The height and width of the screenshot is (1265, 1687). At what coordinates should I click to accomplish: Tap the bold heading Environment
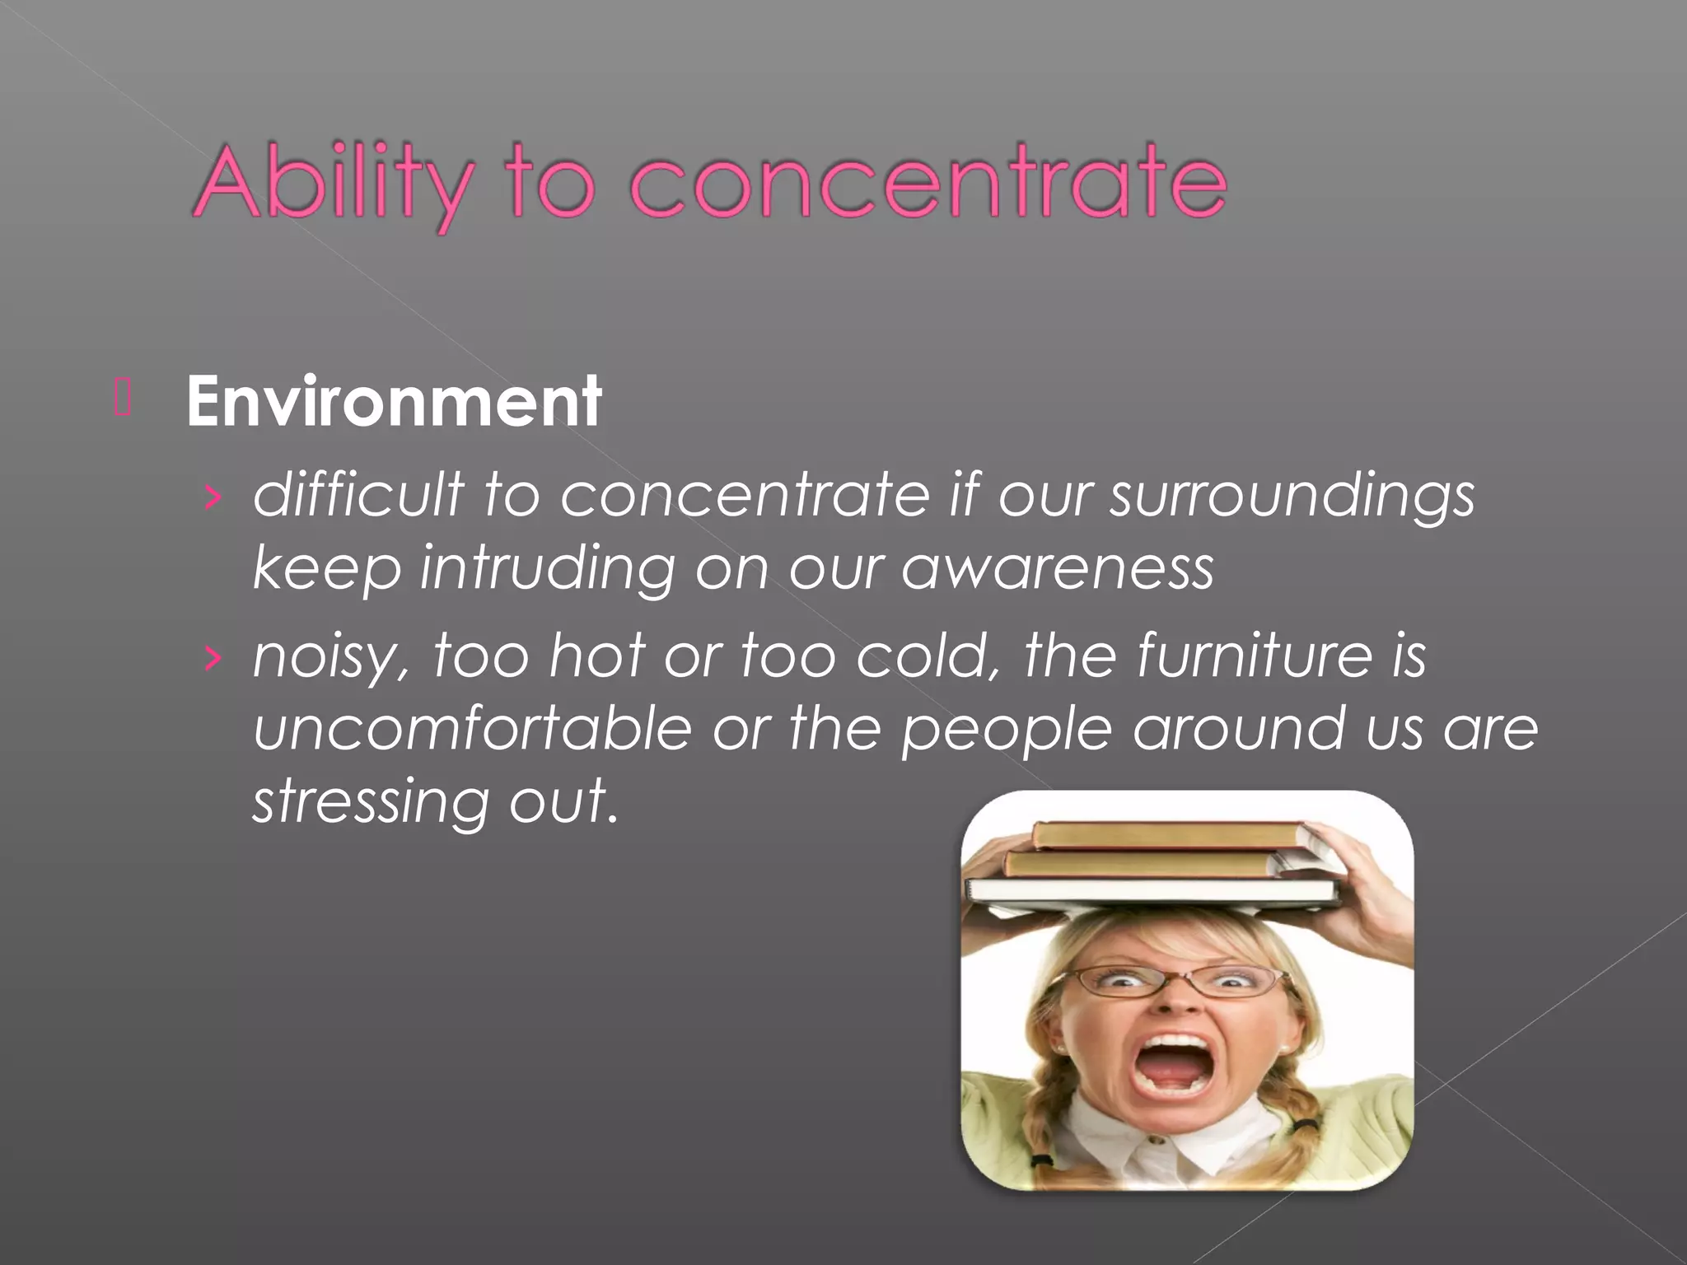tap(394, 401)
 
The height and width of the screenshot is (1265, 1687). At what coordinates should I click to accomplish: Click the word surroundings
tap(1292, 497)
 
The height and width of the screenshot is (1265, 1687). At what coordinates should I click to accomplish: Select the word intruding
tap(547, 569)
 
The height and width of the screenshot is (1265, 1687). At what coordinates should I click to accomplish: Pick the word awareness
tap(1058, 568)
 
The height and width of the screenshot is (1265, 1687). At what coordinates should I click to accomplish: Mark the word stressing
tap(370, 801)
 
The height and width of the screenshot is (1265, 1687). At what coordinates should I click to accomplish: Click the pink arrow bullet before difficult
tap(213, 497)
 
